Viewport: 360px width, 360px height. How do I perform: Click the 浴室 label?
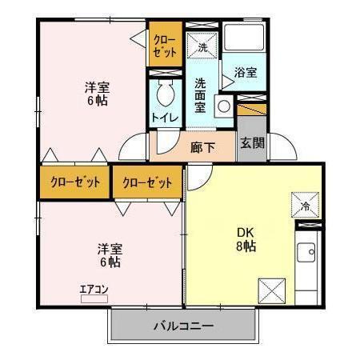click(245, 73)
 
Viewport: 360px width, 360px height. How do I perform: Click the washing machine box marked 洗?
click(203, 46)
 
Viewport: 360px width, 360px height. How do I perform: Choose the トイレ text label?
click(166, 118)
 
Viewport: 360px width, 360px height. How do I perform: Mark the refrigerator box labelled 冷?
click(305, 205)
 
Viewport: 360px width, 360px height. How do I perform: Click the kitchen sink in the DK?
click(306, 255)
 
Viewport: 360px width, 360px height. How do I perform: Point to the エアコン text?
click(94, 290)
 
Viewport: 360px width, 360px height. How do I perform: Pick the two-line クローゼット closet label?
click(164, 45)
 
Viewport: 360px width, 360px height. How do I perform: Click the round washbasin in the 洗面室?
click(223, 104)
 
